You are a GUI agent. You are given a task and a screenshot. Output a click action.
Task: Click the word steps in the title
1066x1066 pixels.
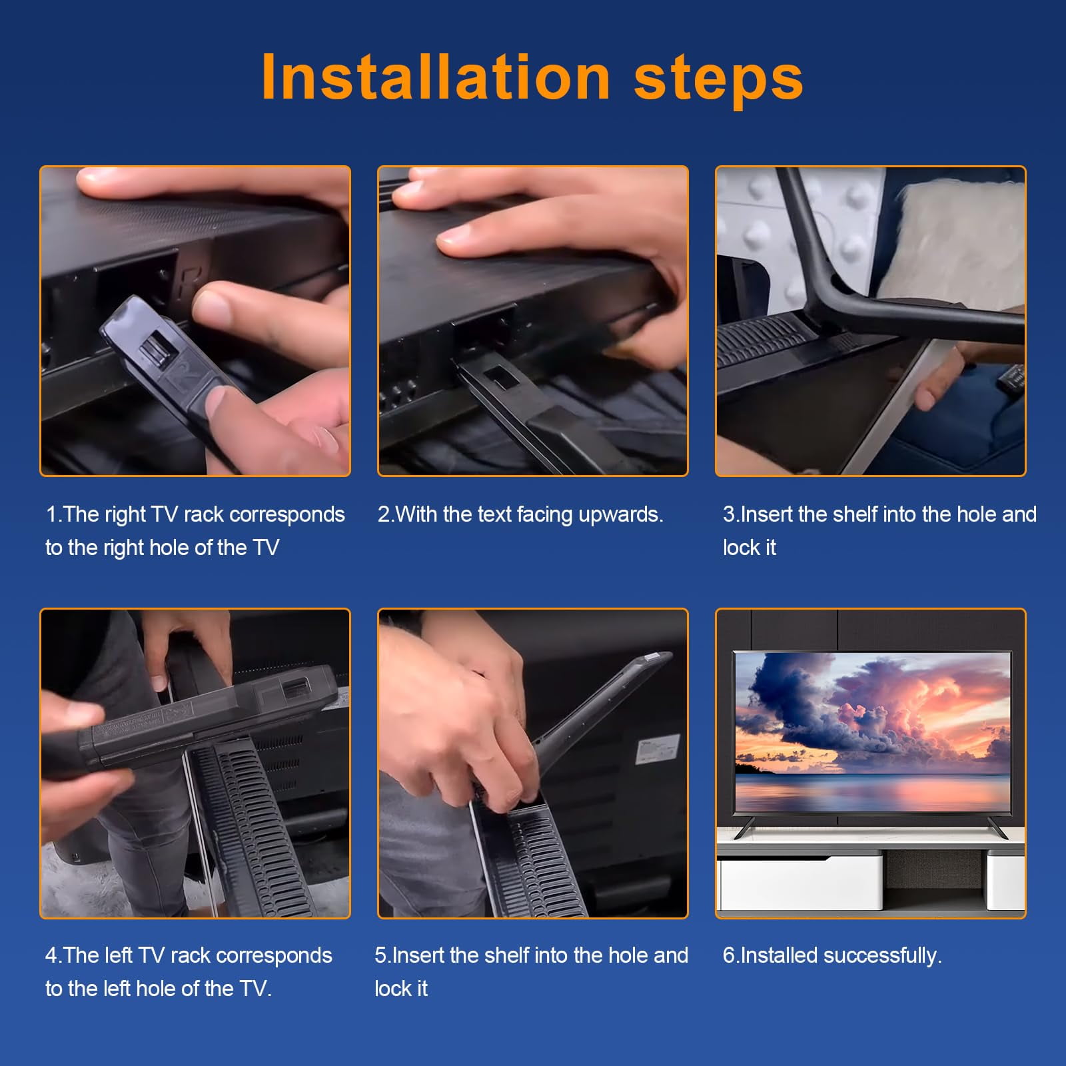[719, 80]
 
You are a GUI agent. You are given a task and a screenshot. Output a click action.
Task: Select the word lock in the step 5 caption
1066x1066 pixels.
[391, 989]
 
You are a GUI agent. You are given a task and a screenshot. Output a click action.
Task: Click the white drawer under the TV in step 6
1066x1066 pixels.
[799, 881]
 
